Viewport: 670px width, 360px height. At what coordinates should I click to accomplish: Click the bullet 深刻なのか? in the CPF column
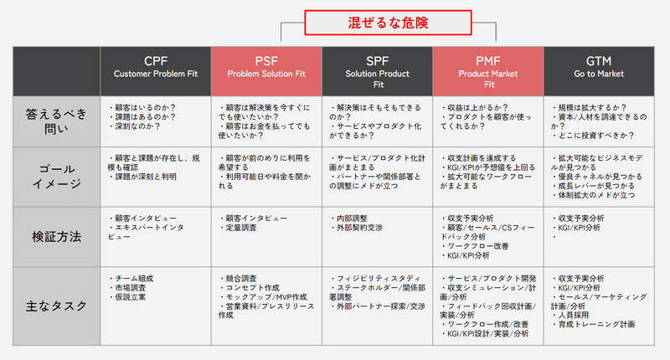tap(137, 127)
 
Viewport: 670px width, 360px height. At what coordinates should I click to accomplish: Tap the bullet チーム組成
tap(135, 278)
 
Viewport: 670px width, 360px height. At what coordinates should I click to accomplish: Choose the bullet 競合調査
tap(242, 278)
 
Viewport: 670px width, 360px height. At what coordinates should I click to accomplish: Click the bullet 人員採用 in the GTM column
tap(576, 315)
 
